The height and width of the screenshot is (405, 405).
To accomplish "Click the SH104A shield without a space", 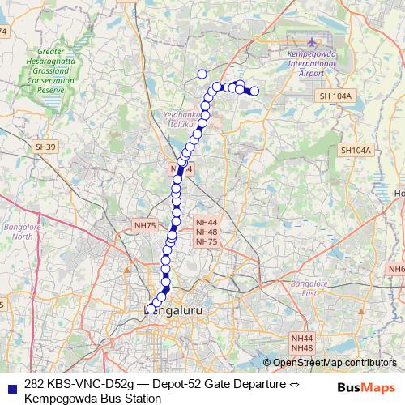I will tap(355, 151).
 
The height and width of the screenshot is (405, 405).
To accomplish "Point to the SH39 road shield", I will tap(45, 147).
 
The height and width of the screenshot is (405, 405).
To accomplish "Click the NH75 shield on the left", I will tap(143, 223).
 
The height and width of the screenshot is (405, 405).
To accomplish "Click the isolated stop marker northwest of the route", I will tap(202, 74).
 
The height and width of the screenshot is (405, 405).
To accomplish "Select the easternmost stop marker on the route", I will tap(254, 92).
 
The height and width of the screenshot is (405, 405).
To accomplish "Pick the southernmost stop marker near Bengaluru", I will tap(151, 309).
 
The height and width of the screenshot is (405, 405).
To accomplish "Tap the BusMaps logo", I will tap(365, 388).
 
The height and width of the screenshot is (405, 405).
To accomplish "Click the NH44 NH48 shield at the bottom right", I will tap(301, 342).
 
